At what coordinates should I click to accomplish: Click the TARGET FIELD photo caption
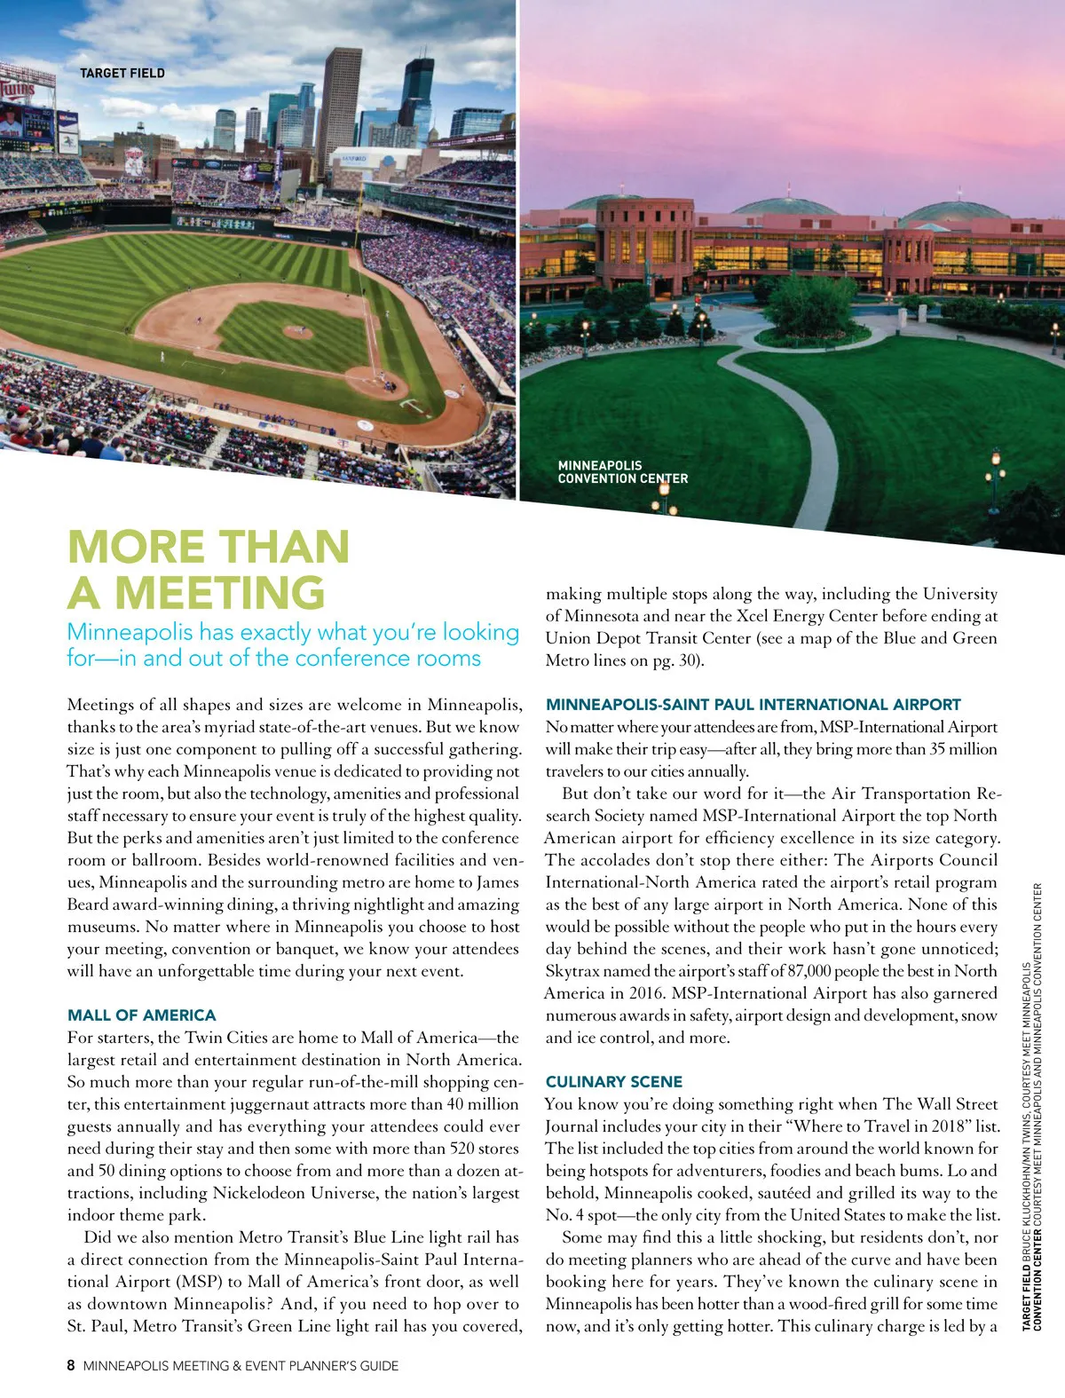click(x=122, y=73)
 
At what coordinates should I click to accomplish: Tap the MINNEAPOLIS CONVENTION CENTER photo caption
click(x=622, y=471)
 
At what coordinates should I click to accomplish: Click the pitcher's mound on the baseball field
click(x=297, y=331)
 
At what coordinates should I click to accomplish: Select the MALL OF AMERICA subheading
click(x=142, y=1015)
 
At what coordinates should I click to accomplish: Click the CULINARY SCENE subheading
click(x=614, y=1081)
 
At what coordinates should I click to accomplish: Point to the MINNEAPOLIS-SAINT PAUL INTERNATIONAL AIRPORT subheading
click(x=753, y=704)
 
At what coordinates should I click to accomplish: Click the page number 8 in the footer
click(x=71, y=1366)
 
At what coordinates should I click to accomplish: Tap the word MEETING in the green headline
click(x=220, y=592)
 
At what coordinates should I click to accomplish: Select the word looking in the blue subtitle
click(x=481, y=632)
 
